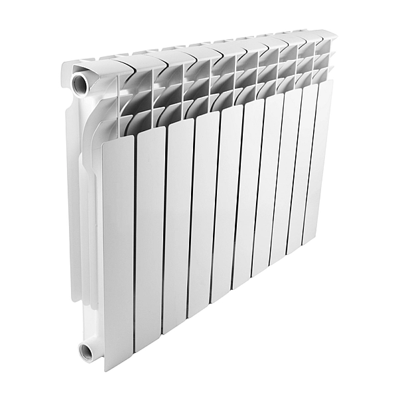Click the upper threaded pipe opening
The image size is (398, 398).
point(80,83)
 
